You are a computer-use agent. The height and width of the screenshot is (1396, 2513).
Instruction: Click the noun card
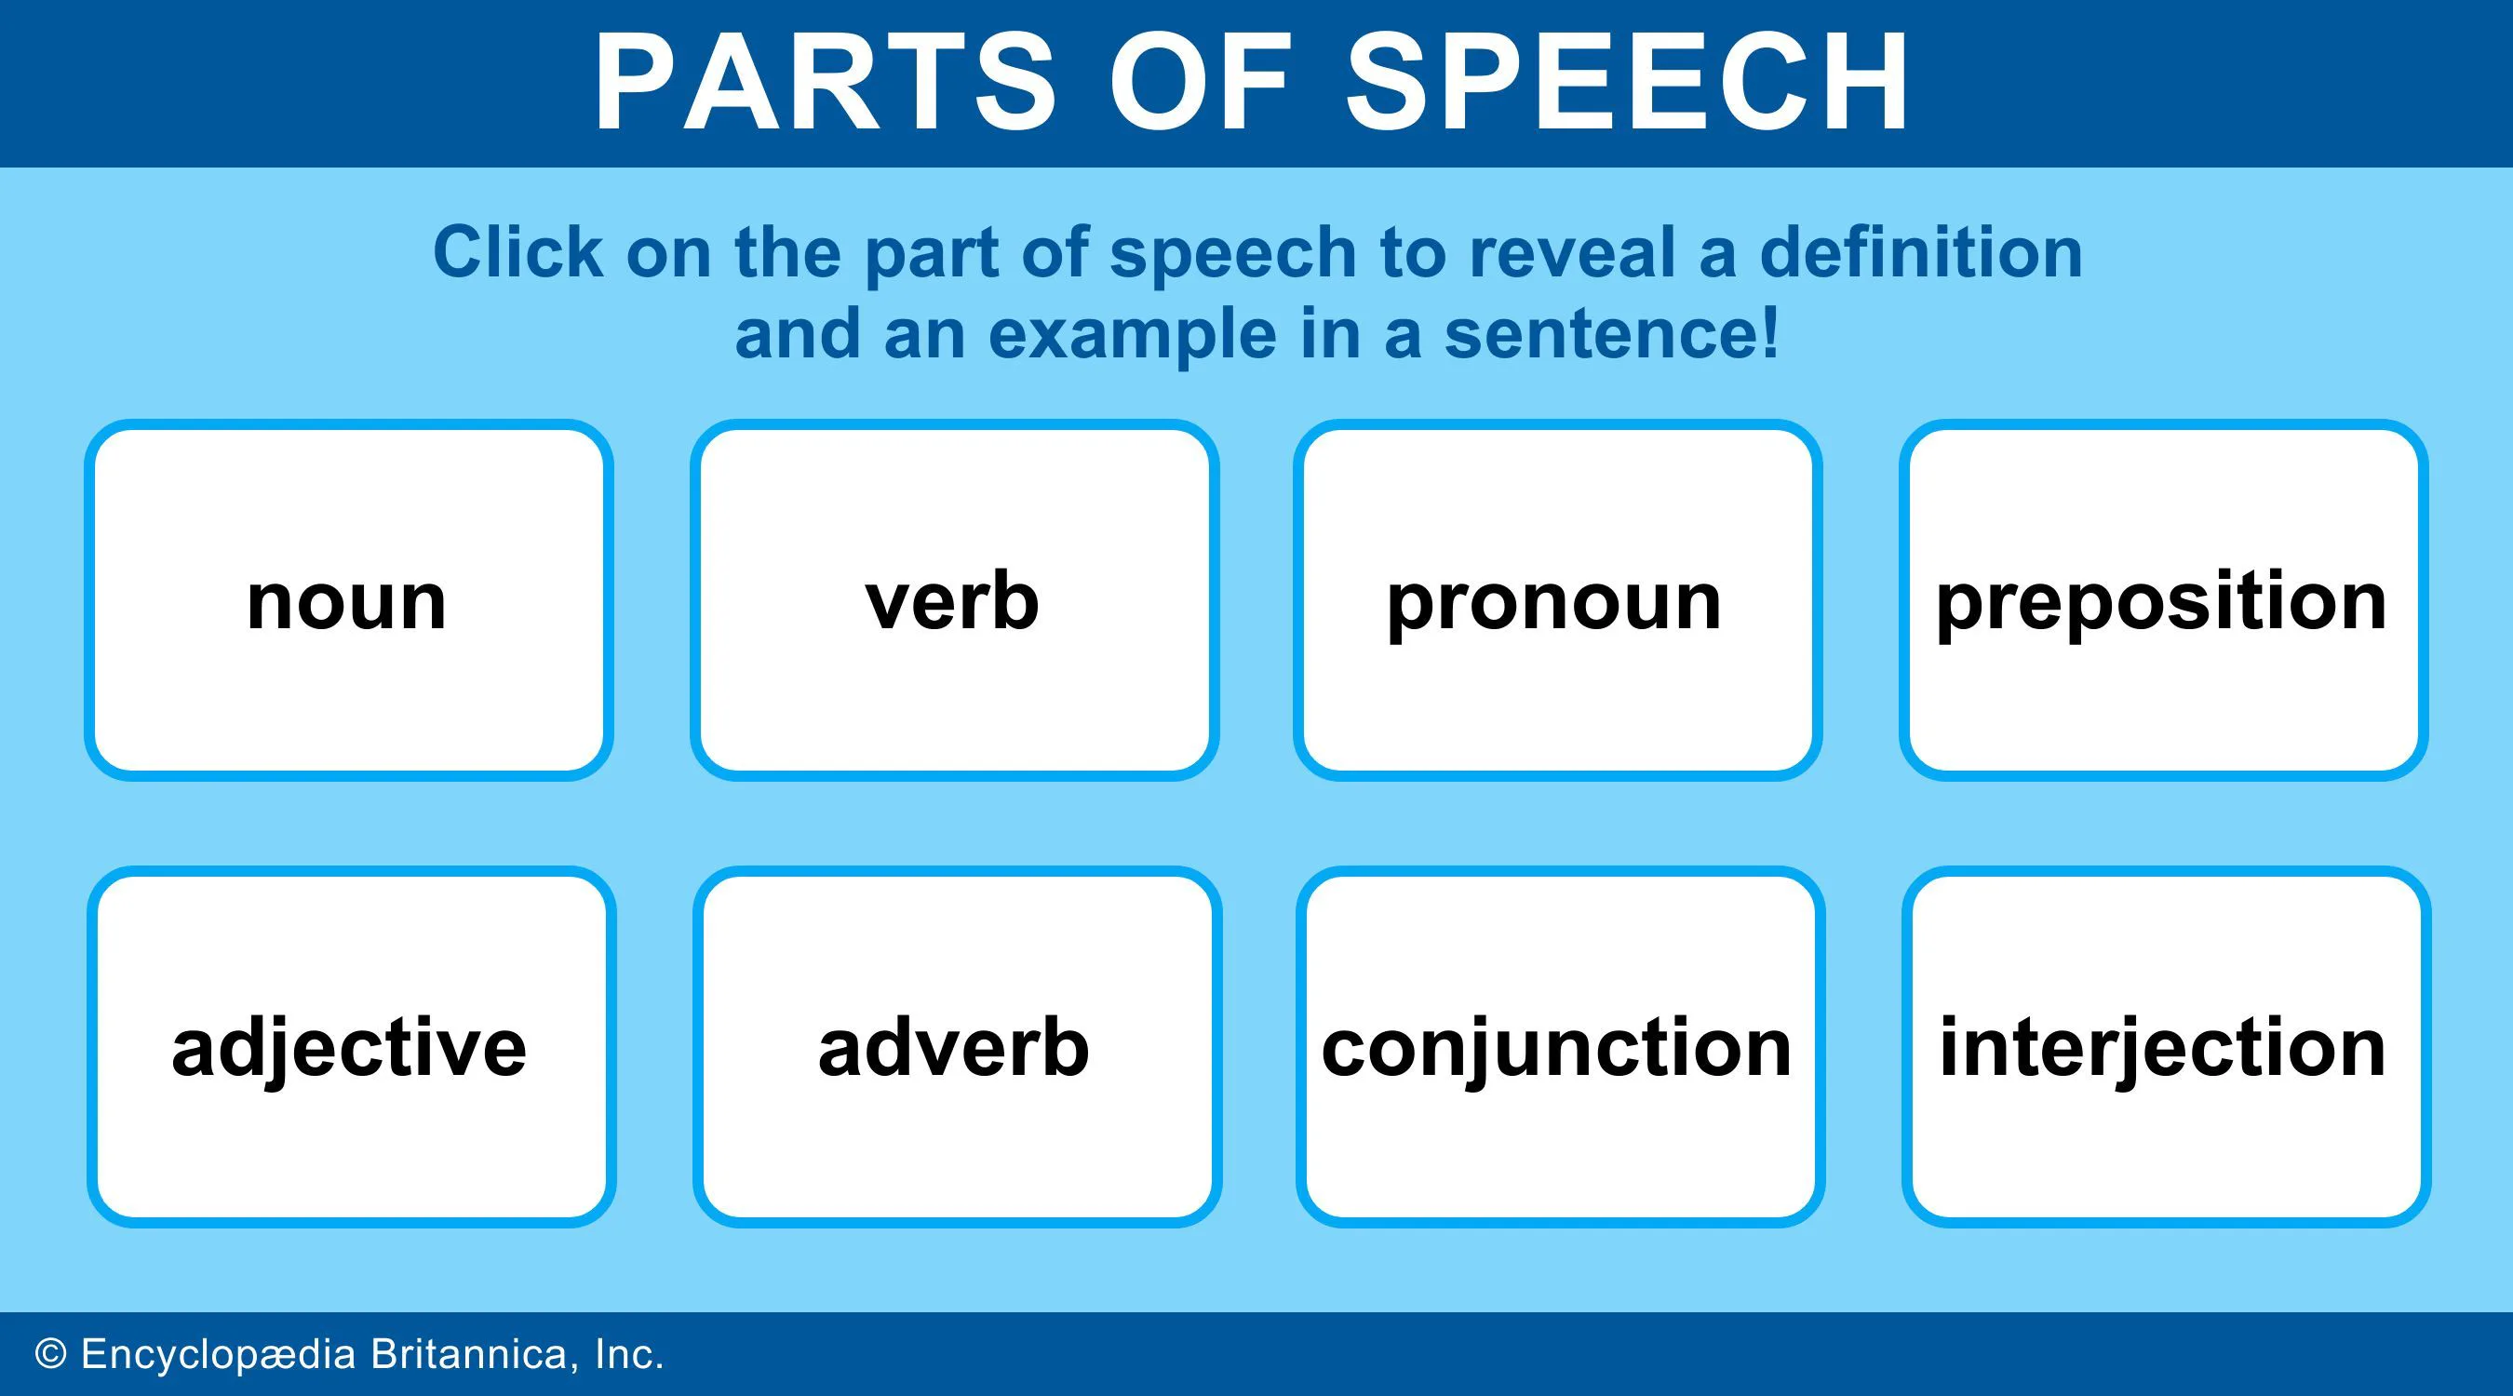[x=348, y=600]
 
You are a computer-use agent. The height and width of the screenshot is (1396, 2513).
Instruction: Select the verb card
[x=954, y=600]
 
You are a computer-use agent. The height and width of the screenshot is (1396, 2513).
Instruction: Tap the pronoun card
[x=1557, y=600]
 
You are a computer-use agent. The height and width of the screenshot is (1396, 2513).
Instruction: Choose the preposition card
[x=2162, y=600]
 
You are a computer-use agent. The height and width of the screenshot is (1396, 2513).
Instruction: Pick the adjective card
[x=351, y=1047]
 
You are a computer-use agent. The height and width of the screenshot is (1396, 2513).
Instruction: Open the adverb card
[x=956, y=1047]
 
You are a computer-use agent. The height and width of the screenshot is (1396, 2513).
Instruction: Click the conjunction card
[x=1559, y=1047]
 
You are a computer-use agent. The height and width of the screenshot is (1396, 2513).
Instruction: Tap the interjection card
[x=2165, y=1047]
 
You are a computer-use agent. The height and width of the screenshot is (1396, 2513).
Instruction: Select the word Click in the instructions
[x=518, y=251]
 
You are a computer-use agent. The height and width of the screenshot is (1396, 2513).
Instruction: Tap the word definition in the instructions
[x=1921, y=251]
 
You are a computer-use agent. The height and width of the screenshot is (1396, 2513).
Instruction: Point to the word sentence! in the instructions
[x=1612, y=333]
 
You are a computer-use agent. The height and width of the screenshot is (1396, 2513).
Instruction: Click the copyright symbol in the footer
[x=51, y=1354]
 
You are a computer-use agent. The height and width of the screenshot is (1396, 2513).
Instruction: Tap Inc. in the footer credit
[x=629, y=1354]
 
